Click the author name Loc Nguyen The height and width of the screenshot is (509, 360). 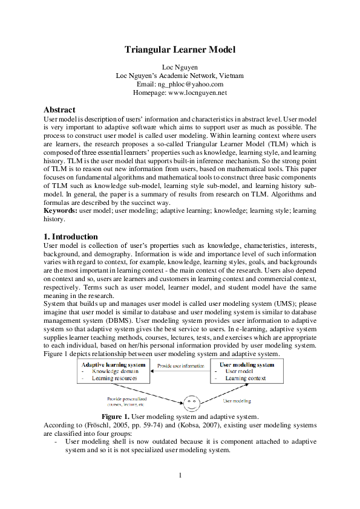(180, 66)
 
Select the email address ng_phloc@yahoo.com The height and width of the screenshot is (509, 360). (189, 85)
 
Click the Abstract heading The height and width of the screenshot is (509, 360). (59, 110)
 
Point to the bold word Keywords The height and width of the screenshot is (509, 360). (61, 211)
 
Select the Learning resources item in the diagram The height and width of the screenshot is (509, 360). (114, 378)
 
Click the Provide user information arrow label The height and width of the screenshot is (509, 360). (181, 366)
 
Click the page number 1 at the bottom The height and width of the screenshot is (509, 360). (180, 475)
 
